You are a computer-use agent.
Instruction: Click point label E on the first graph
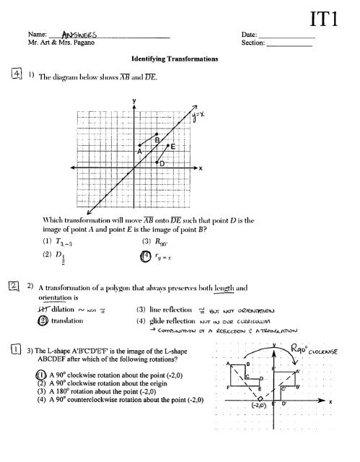click(x=174, y=146)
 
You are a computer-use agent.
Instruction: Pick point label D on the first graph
click(x=162, y=165)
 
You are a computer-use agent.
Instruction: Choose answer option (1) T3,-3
click(x=93, y=240)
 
